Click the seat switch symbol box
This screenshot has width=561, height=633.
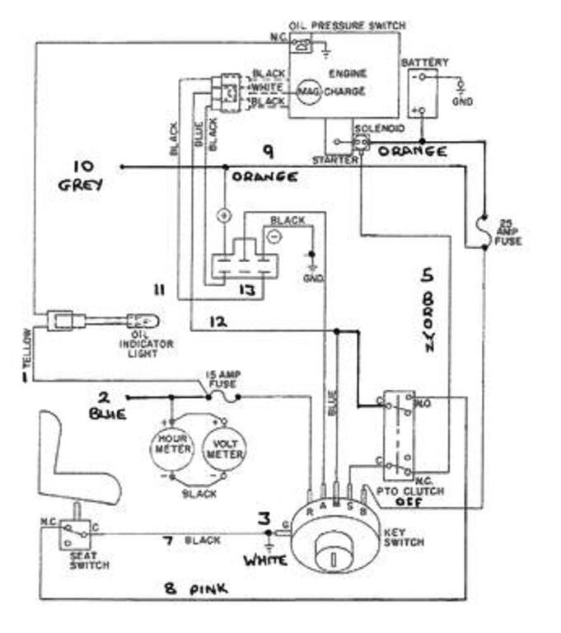click(73, 535)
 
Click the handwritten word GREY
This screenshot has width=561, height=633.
click(81, 185)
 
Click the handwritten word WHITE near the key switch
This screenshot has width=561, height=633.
click(264, 561)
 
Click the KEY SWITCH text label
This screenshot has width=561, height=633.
click(404, 538)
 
